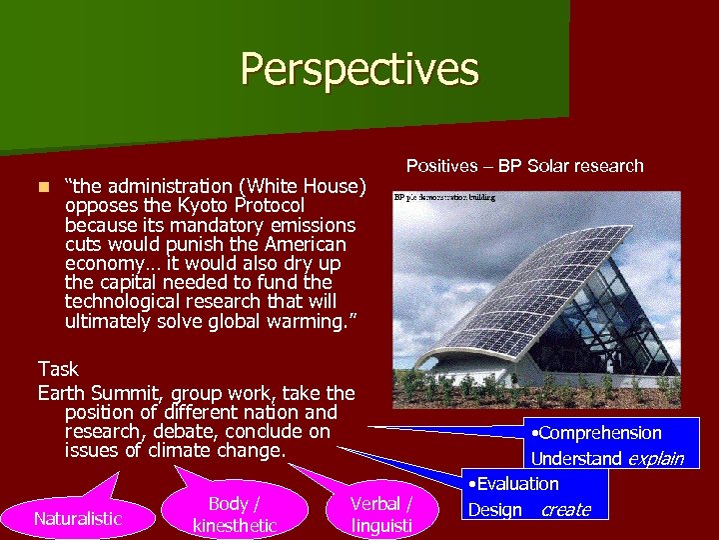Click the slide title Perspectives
pyautogui.click(x=359, y=69)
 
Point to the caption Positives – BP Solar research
pyautogui.click(x=524, y=166)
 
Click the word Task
pyautogui.click(x=58, y=369)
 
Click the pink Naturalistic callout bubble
pyautogui.click(x=77, y=518)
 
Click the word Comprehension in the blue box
pyautogui.click(x=600, y=433)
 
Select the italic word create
pyautogui.click(x=565, y=510)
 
